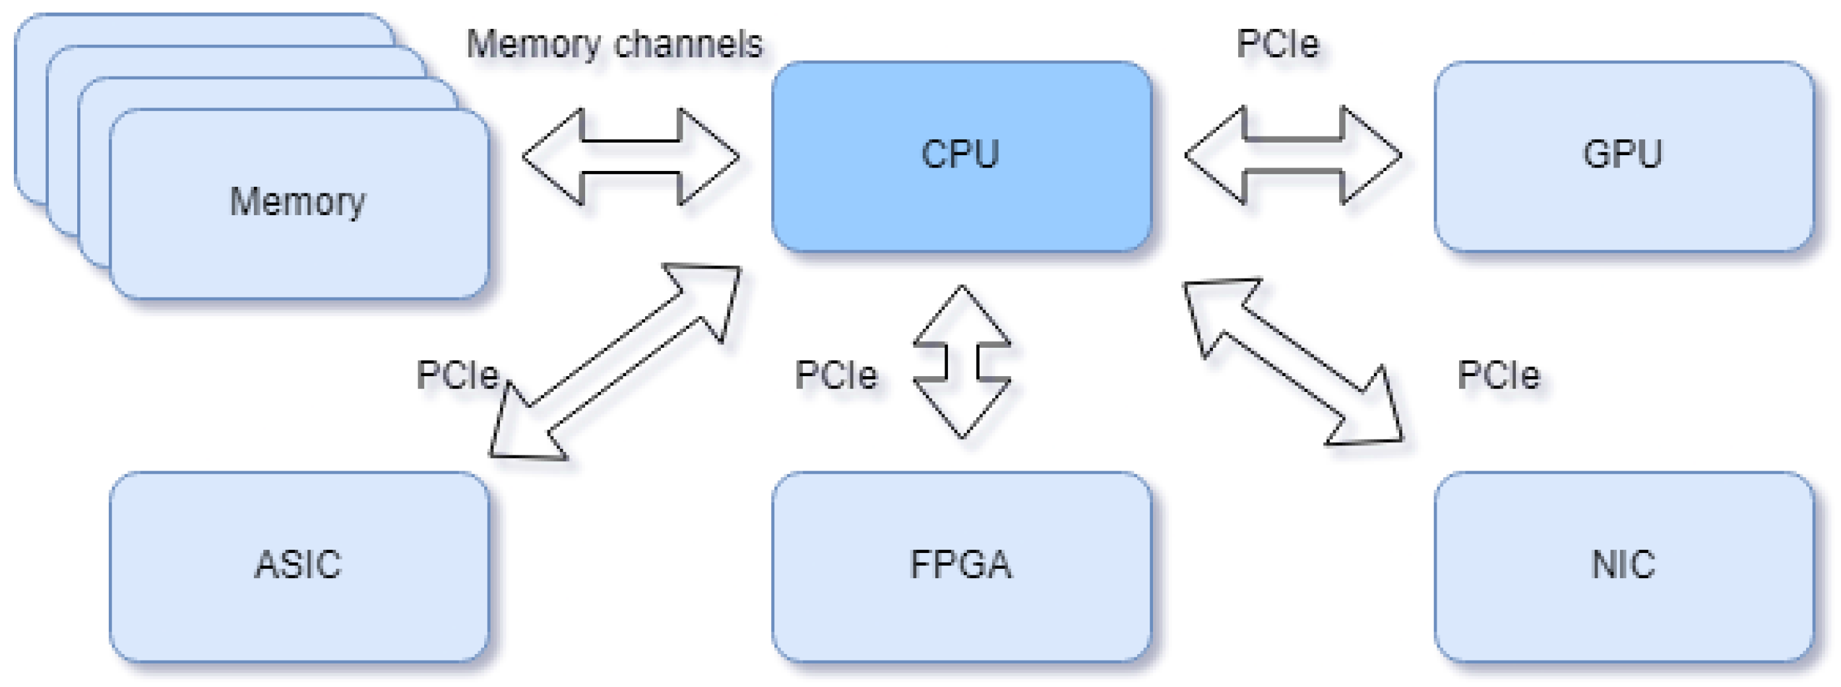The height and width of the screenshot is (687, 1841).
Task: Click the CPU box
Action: tap(961, 156)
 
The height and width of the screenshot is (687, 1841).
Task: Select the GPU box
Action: tap(1623, 156)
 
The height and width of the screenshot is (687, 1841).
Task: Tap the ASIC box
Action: tap(299, 566)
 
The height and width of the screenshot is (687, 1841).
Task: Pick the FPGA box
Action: tap(961, 566)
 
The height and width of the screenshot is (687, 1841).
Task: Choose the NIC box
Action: tap(1623, 566)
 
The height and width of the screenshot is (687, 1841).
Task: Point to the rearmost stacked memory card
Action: tap(200, 28)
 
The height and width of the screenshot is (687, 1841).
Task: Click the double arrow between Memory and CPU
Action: tap(631, 156)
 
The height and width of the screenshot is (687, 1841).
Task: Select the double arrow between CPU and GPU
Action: tap(1293, 155)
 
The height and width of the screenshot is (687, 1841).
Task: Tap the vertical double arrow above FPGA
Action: tap(962, 362)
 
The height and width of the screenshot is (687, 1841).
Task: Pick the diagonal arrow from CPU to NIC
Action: tap(1293, 362)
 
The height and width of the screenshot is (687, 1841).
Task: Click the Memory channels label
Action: tap(614, 44)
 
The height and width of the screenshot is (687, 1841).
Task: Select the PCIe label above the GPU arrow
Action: tap(1277, 44)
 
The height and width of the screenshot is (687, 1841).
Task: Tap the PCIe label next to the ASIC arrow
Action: tap(457, 376)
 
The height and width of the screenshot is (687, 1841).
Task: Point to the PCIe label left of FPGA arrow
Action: tap(836, 376)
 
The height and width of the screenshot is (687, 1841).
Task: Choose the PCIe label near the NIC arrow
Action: tap(1498, 376)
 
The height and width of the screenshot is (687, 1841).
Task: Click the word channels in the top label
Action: tap(688, 44)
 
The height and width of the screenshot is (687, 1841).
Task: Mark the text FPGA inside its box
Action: tap(960, 565)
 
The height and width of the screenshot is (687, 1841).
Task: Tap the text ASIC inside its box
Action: tap(298, 565)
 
